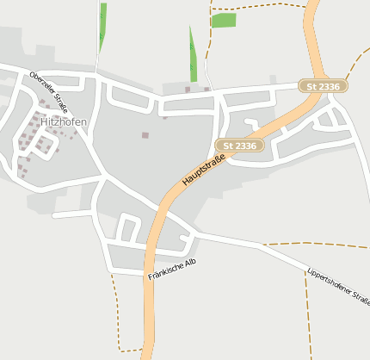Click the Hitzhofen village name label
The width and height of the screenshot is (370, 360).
[x=64, y=123]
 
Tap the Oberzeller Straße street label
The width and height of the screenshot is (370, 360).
[x=48, y=90]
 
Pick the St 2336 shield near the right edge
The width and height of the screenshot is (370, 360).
[x=323, y=86]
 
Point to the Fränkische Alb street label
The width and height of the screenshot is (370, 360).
[x=172, y=270]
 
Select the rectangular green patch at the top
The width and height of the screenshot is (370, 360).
[x=224, y=20]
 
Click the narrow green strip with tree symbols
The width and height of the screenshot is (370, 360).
[x=194, y=53]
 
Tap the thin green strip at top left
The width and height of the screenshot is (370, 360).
[x=102, y=28]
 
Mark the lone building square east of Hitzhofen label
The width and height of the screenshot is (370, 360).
[x=145, y=134]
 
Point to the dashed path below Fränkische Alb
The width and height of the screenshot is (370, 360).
[x=115, y=310]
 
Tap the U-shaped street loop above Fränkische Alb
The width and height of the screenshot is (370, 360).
[x=128, y=228]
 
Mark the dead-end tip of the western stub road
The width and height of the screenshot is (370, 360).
[x=55, y=215]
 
